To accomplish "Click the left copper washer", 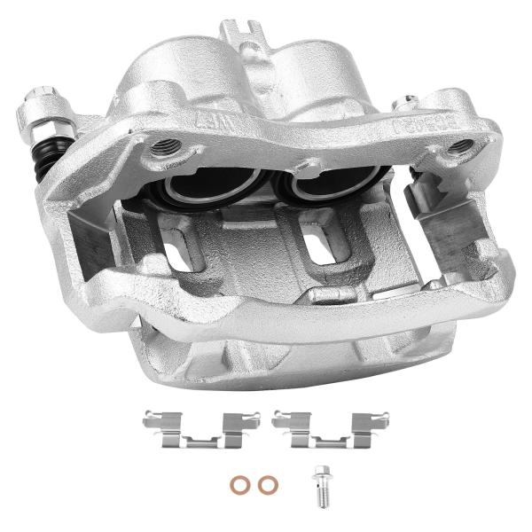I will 239,484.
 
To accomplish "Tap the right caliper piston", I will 317,187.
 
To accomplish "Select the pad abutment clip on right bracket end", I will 452,227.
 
